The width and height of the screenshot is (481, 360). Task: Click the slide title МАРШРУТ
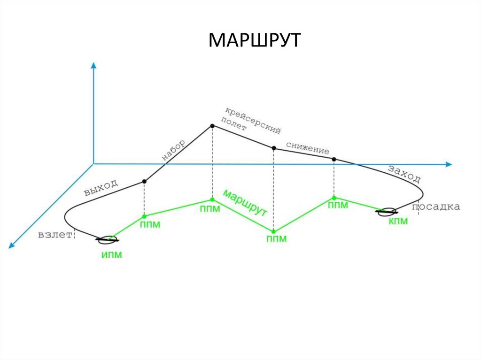tap(254, 41)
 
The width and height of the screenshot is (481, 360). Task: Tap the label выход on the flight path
tap(100, 187)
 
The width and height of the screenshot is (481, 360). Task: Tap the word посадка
tap(436, 207)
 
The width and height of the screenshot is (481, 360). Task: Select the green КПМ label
tap(398, 221)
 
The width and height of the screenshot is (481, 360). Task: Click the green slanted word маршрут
tap(245, 203)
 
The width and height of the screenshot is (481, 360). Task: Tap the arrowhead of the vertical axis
tap(93, 66)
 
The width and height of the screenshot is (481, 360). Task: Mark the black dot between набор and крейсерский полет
tap(212, 126)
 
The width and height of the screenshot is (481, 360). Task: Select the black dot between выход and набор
tap(144, 182)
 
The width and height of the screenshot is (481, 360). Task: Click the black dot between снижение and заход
tap(334, 159)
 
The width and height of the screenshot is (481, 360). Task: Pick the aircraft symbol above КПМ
tap(388, 212)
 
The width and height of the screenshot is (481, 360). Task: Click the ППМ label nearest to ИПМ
tap(150, 225)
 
